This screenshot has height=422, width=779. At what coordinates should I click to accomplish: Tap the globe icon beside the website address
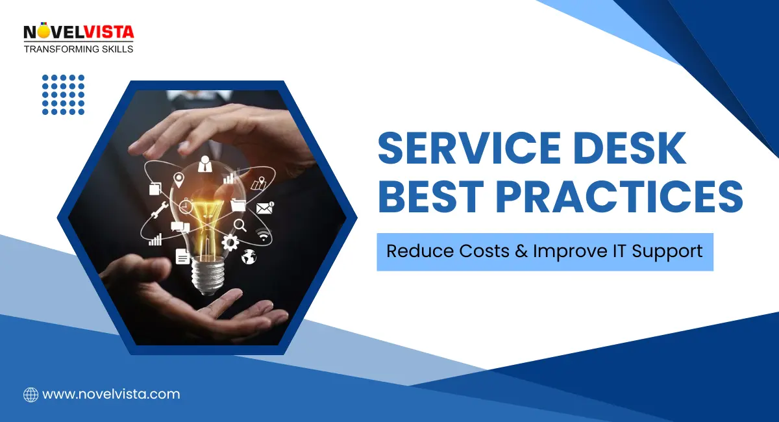pyautogui.click(x=31, y=394)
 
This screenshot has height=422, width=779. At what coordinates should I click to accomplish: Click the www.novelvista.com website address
pyautogui.click(x=111, y=394)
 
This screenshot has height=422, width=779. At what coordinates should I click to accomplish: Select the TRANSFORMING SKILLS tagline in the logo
pyautogui.click(x=79, y=49)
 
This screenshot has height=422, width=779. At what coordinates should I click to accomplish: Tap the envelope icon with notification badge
pyautogui.click(x=264, y=208)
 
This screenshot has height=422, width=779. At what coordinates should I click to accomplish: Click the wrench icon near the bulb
pyautogui.click(x=158, y=210)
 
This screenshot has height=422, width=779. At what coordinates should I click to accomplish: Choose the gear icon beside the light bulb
pyautogui.click(x=230, y=242)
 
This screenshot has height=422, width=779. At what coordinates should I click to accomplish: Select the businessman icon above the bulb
pyautogui.click(x=206, y=162)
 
